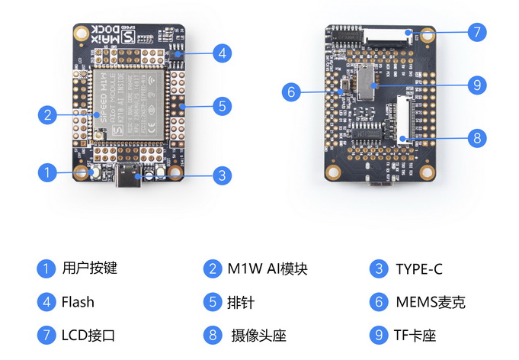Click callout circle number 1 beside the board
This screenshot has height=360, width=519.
[47, 172]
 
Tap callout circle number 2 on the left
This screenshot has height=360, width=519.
[47, 115]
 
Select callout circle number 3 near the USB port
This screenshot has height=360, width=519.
[220, 175]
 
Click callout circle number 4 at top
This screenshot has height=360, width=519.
[221, 53]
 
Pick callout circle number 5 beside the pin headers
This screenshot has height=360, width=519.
[221, 105]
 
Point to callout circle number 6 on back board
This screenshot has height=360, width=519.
[290, 92]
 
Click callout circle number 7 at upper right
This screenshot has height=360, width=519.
[476, 33]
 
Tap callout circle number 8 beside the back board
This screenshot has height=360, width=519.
[476, 138]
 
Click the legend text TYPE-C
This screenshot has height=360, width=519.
[418, 269]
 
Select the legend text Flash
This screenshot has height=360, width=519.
[78, 302]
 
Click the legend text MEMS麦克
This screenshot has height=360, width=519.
[430, 302]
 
